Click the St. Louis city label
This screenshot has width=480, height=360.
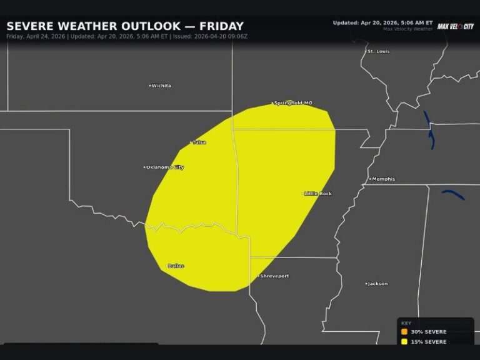(379, 51)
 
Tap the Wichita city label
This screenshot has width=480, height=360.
(161, 86)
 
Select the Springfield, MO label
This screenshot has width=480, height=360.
(293, 103)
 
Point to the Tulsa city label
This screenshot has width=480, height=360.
(199, 142)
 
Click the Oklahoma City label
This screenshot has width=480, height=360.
(165, 167)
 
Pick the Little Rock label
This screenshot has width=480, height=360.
(319, 194)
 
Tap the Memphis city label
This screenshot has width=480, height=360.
(383, 179)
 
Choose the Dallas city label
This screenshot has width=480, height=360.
(176, 266)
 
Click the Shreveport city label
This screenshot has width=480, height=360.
(274, 276)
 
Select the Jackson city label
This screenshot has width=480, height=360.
(377, 284)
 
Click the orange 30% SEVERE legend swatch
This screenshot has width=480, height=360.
(404, 332)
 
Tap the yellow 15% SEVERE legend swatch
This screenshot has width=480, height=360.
(404, 342)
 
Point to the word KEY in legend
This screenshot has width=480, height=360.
(406, 323)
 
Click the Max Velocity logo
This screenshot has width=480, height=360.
(455, 26)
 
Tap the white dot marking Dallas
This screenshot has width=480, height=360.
(166, 266)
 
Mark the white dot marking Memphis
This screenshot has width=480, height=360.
(370, 179)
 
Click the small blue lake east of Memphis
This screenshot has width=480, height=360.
(453, 194)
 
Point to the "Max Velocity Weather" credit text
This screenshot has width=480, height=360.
(407, 29)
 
